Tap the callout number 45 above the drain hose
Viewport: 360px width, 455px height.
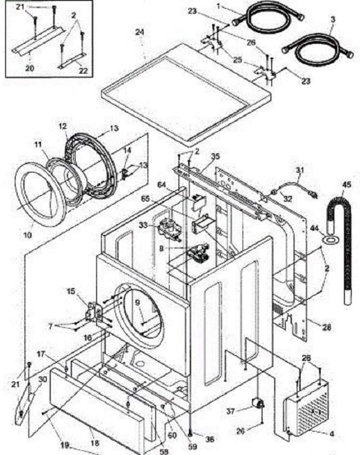[x=346, y=184]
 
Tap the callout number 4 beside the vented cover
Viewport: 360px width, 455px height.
[x=331, y=434]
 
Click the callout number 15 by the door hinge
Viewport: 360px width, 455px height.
[x=71, y=292]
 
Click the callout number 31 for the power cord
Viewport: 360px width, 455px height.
[x=300, y=169]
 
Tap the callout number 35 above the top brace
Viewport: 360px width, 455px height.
[x=215, y=156]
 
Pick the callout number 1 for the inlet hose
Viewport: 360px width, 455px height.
[x=219, y=7]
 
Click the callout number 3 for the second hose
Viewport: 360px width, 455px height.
[x=333, y=19]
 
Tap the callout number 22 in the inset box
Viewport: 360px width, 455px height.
[x=83, y=71]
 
